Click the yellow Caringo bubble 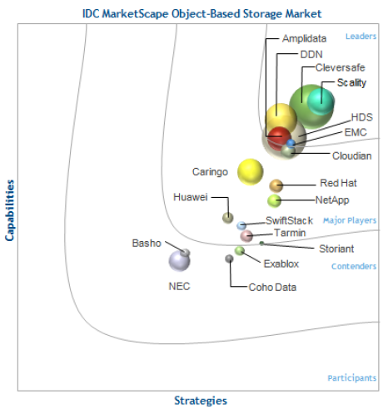click(250, 172)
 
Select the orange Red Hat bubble click(276, 185)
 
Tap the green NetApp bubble click(274, 200)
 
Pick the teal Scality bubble click(321, 101)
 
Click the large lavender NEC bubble click(179, 261)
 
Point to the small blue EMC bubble click(291, 143)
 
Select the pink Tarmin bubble click(246, 236)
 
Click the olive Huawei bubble click(228, 218)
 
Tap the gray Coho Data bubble click(229, 259)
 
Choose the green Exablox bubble click(239, 251)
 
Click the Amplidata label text click(304, 38)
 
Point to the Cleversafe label click(341, 67)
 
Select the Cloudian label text click(352, 155)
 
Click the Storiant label click(336, 249)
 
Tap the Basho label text click(147, 244)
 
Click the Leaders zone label click(361, 37)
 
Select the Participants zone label click(352, 378)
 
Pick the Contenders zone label click(354, 266)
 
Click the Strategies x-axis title click(201, 401)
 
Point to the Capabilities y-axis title click(9, 210)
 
